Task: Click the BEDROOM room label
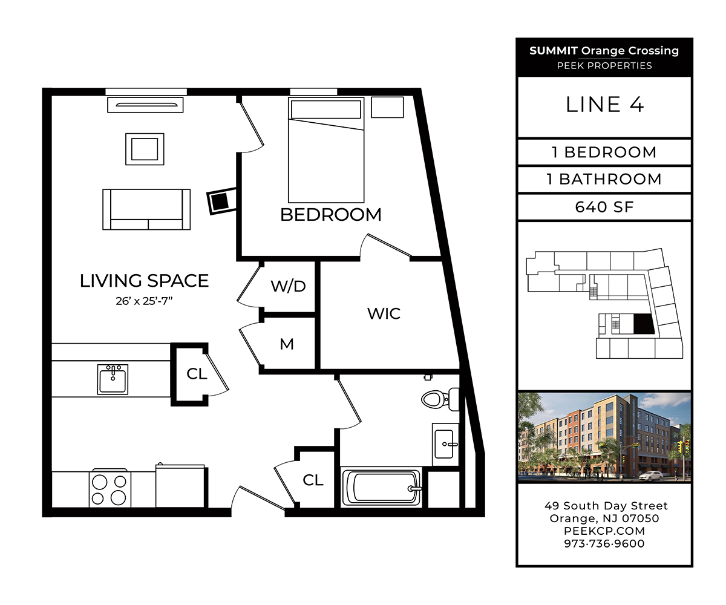pos(331,215)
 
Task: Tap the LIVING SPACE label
pos(145,281)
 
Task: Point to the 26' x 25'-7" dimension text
pos(145,301)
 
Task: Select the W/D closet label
pos(288,286)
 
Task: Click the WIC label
pos(384,313)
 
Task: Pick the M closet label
pos(287,344)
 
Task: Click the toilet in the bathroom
pos(440,399)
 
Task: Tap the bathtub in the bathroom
pos(381,487)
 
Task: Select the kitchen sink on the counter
pos(113,379)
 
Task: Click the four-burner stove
pos(110,489)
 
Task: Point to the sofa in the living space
pos(146,209)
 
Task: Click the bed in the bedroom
pos(326,150)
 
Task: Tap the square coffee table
pos(145,149)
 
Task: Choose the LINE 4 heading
pos(604,105)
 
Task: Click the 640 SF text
pos(604,208)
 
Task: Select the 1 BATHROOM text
pos(604,180)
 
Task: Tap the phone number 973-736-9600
pos(604,543)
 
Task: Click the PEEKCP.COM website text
pos(604,531)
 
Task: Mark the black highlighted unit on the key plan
pos(644,324)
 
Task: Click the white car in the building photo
pos(650,476)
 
